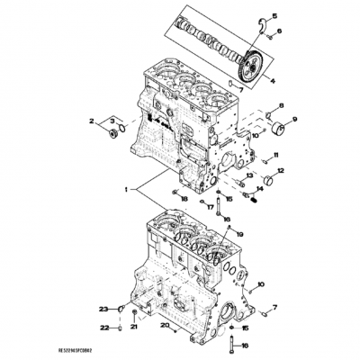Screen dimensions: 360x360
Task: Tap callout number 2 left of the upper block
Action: tap(91, 120)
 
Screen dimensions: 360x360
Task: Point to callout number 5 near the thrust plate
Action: tap(275, 16)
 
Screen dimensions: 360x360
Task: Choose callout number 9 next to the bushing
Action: tap(295, 120)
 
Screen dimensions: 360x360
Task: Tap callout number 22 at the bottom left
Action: tap(103, 328)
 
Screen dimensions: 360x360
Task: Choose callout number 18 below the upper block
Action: tap(184, 197)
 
